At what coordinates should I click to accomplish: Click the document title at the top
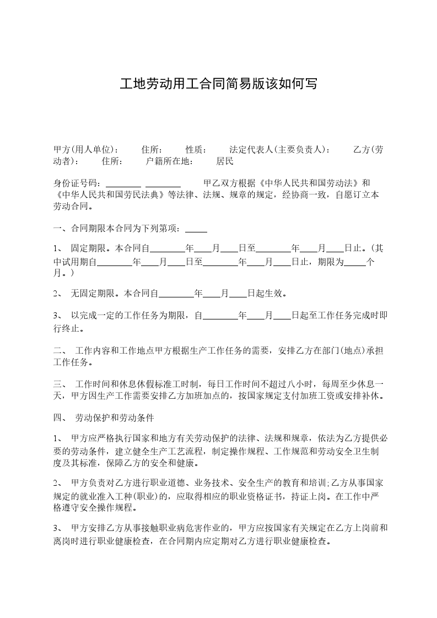click(218, 84)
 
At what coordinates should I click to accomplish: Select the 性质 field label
click(196, 150)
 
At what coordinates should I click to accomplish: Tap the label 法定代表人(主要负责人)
click(280, 150)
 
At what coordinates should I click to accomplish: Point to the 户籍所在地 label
click(170, 162)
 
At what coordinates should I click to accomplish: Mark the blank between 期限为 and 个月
click(355, 263)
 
